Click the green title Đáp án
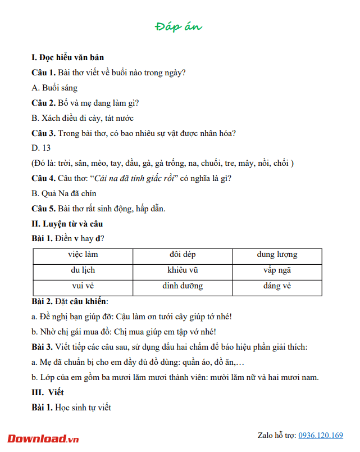point(179,26)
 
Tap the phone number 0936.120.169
point(321,435)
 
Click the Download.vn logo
point(43,438)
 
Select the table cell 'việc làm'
point(83,255)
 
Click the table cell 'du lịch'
point(83,270)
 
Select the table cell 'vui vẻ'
point(83,286)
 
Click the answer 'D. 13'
point(41,148)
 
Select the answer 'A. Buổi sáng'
point(54,88)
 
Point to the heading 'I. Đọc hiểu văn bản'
point(67,57)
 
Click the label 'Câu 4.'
point(44,178)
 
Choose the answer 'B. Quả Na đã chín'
point(65,193)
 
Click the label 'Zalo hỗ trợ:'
point(276,435)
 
